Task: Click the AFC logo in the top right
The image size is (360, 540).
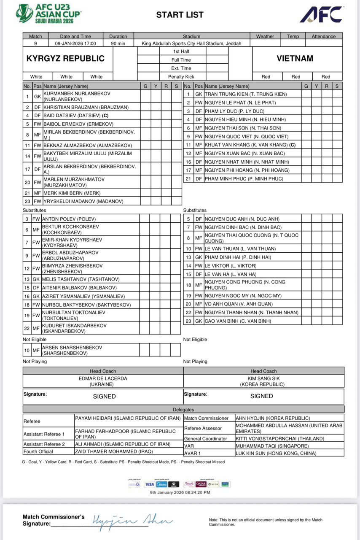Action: (x=321, y=15)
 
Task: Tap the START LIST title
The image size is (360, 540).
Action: (x=180, y=15)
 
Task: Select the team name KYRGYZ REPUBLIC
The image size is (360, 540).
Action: (x=65, y=59)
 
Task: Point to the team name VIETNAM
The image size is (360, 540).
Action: (x=295, y=59)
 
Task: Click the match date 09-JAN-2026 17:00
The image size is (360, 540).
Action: (x=75, y=43)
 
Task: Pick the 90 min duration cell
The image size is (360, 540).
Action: (x=118, y=43)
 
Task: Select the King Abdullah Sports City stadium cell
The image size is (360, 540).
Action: (x=191, y=43)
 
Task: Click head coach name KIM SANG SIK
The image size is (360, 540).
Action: (x=263, y=379)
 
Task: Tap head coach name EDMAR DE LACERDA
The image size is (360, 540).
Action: (x=102, y=379)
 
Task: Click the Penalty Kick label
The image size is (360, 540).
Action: (x=181, y=77)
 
